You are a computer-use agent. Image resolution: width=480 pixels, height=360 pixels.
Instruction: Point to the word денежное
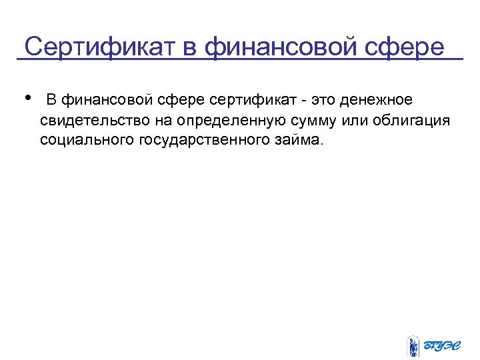pos(376,100)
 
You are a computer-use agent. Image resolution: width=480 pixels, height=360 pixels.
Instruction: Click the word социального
pos(87,141)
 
